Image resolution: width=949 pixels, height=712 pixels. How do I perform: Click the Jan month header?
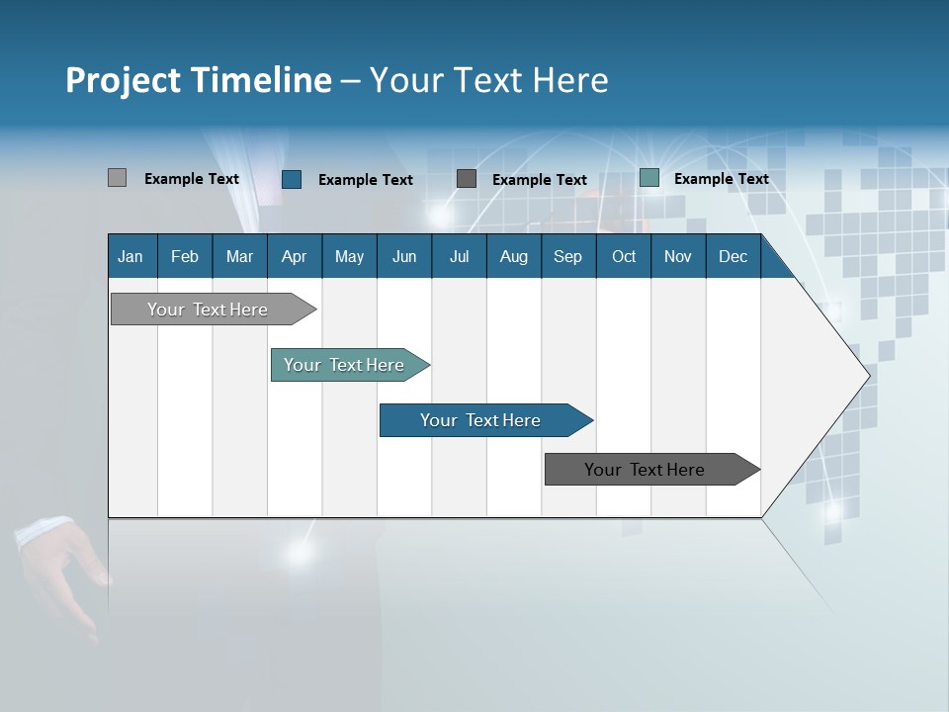130,256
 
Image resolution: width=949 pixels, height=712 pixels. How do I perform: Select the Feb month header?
185,256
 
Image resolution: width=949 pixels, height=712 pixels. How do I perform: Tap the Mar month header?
239,256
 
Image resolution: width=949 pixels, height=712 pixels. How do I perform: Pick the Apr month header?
295,256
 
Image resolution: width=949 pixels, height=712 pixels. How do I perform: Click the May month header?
349,256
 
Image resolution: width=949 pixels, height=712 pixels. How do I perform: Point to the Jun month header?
404,256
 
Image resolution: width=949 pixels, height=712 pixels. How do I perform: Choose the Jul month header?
459,256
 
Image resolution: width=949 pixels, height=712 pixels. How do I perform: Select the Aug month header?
514,256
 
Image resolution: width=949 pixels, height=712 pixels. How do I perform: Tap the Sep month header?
568,256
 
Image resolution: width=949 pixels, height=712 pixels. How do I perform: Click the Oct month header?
624,256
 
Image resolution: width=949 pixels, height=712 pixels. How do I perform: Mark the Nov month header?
678,256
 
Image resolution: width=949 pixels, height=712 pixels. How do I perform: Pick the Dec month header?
733,256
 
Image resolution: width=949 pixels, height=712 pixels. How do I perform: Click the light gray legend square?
117,178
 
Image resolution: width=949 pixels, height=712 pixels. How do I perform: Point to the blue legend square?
292,179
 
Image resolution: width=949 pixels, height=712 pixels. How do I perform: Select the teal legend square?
649,178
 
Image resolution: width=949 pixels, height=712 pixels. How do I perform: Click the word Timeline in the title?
265,80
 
